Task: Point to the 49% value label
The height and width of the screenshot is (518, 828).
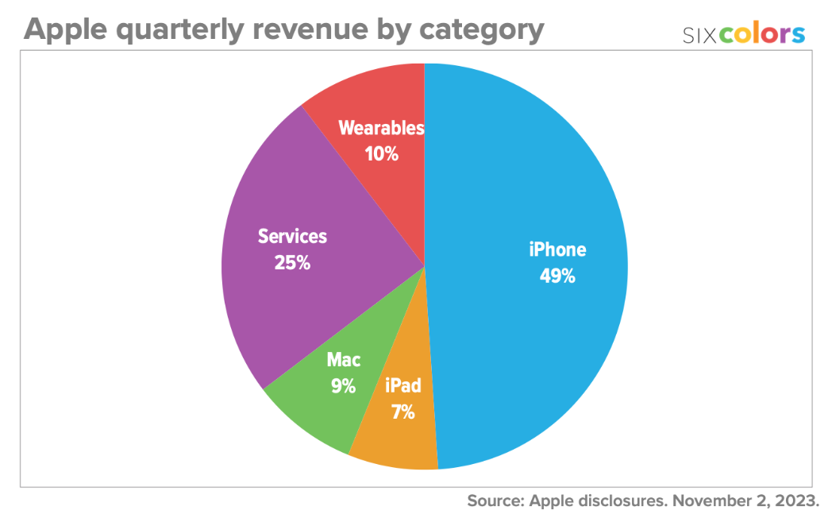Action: (557, 277)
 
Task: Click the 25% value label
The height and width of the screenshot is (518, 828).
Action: (292, 262)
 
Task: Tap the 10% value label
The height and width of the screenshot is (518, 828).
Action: (381, 153)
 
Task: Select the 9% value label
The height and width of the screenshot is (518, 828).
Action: (343, 387)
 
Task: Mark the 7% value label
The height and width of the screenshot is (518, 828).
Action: (402, 413)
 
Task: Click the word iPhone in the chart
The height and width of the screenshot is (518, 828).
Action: (557, 249)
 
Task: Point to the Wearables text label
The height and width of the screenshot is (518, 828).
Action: (381, 128)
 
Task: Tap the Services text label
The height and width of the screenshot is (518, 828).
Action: (292, 237)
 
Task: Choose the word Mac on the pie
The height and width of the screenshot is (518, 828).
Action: (343, 360)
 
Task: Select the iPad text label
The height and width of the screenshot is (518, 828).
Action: (402, 387)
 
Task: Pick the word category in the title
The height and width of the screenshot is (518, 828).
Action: (483, 30)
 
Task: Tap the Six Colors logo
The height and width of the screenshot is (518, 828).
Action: (744, 34)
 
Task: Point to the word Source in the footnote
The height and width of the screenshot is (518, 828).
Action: (495, 501)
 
